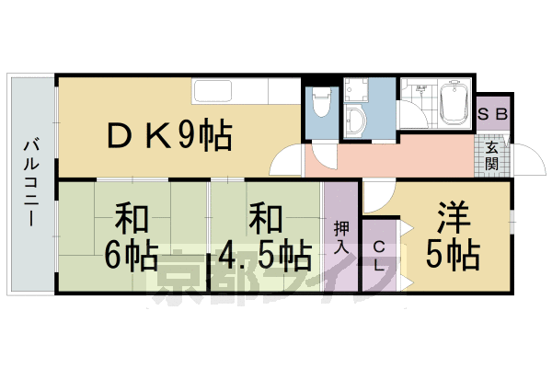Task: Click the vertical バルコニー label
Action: [30, 184]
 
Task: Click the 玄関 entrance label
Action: [492, 156]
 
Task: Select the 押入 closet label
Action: [339, 237]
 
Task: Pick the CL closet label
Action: [379, 247]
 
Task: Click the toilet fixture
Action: [320, 106]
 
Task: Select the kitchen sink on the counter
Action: [213, 91]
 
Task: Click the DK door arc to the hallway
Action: [287, 162]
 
